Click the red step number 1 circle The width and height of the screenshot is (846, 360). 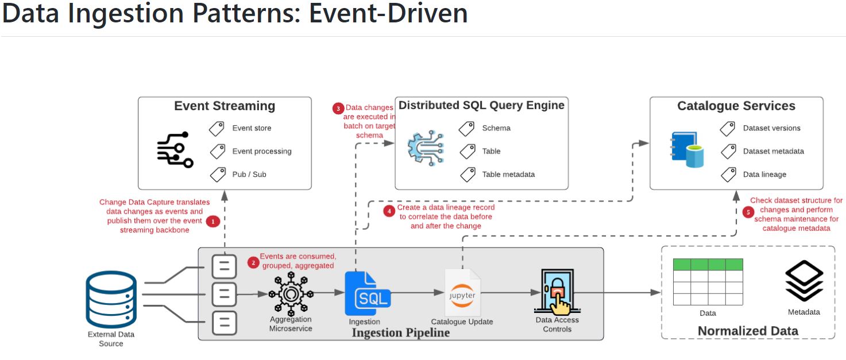tap(213, 222)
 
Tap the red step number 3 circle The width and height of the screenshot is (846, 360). tap(338, 109)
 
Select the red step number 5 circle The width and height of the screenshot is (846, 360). tap(748, 212)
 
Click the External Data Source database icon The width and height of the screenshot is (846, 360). tap(111, 299)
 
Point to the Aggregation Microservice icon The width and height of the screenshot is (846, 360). tap(291, 293)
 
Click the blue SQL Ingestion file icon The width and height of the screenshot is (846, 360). tap(368, 293)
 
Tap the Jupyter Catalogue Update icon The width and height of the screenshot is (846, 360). tap(462, 293)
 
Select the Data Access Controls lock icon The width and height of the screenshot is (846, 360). tap(558, 292)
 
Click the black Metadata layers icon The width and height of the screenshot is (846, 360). tap(804, 281)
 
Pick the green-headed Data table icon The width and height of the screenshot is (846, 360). tap(708, 282)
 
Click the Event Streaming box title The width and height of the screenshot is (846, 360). tap(225, 106)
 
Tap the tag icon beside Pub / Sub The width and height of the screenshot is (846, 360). tap(218, 175)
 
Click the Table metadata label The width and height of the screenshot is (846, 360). tap(508, 175)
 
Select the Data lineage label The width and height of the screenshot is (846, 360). tap(764, 175)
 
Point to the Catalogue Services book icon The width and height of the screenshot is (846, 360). tap(686, 150)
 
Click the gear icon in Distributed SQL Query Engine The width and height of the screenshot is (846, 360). tap(426, 148)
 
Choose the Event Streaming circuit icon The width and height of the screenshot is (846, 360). tap(175, 150)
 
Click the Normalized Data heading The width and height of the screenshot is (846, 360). tap(748, 331)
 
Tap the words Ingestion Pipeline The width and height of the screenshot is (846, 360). tap(401, 333)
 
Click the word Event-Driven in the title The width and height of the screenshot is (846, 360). tap(388, 14)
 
